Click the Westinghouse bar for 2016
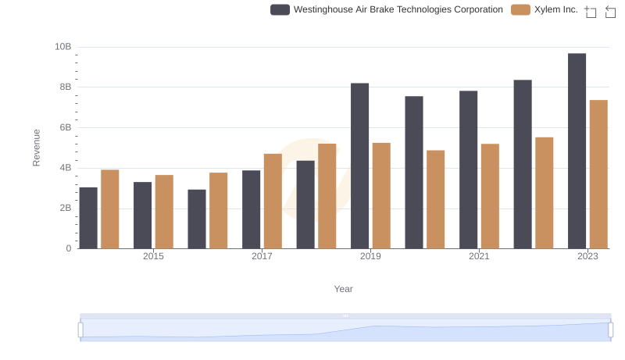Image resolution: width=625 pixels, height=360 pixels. pyautogui.click(x=197, y=219)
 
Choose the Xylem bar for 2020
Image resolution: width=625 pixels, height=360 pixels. pyautogui.click(x=435, y=199)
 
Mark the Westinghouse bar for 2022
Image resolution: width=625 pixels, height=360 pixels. pyautogui.click(x=523, y=164)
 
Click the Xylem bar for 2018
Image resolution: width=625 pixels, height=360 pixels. pyautogui.click(x=327, y=196)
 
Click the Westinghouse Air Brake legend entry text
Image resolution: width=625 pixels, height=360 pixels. pyautogui.click(x=398, y=9)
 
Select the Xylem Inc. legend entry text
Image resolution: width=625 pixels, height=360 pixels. pyautogui.click(x=555, y=9)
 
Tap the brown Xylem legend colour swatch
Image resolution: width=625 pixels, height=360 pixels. pyautogui.click(x=520, y=9)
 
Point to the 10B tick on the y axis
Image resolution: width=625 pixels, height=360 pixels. pyautogui.click(x=62, y=47)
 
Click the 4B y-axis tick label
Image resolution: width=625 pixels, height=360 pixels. pyautogui.click(x=64, y=168)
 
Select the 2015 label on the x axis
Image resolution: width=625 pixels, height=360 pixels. pyautogui.click(x=153, y=257)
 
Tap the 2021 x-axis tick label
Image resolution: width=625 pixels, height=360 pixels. pyautogui.click(x=479, y=257)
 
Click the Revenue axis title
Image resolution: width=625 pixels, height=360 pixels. pyautogui.click(x=36, y=148)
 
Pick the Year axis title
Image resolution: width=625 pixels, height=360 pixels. pyautogui.click(x=343, y=289)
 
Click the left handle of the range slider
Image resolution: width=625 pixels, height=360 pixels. pyautogui.click(x=80, y=330)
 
